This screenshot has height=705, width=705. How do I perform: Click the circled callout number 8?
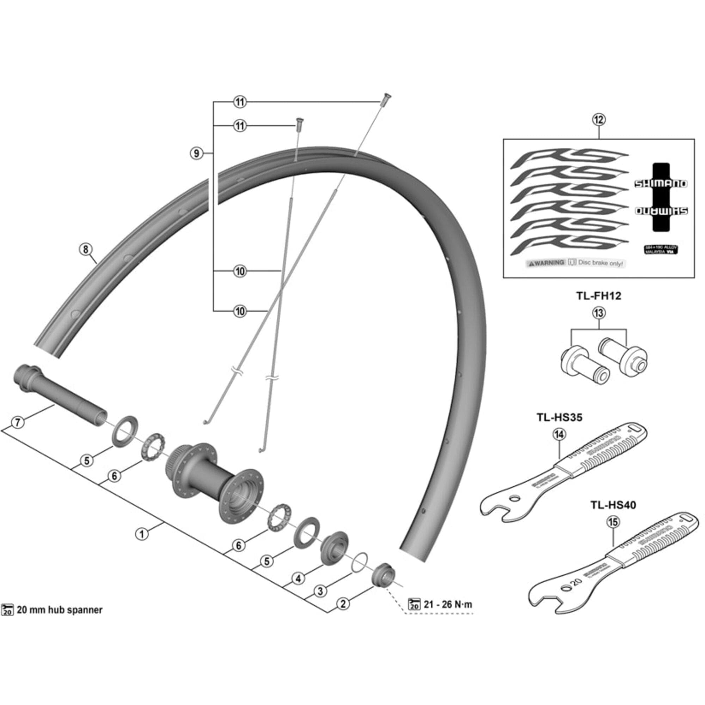point(86,250)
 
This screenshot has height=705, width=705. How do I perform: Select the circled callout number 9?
point(197,153)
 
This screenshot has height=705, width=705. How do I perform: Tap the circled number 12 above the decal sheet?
point(599,120)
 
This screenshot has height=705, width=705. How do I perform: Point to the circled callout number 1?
point(142,534)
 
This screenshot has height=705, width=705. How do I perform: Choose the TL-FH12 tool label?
point(599,296)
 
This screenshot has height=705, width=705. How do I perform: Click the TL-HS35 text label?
point(559,417)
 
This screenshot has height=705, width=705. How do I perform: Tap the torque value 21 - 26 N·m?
point(447,604)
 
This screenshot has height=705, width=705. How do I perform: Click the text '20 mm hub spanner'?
point(60,610)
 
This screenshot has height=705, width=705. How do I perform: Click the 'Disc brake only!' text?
point(601,263)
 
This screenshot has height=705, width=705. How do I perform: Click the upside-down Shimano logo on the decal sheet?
point(661,211)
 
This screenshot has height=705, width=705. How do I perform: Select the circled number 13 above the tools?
point(599,313)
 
